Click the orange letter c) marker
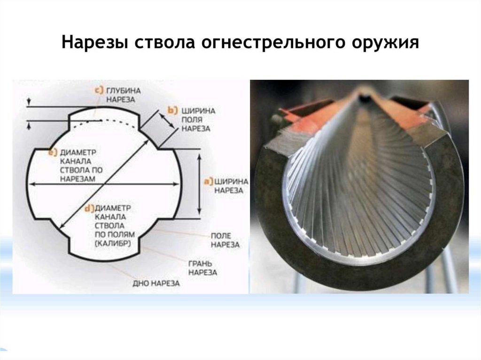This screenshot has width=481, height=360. click(100, 91)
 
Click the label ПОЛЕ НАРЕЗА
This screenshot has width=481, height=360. click(225, 240)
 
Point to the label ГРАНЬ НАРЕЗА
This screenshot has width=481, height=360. click(202, 268)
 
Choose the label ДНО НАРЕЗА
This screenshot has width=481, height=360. click(156, 284)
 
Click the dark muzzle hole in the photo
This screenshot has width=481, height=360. click(364, 97)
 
